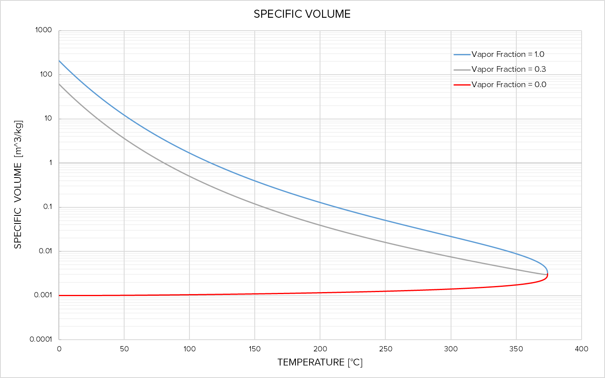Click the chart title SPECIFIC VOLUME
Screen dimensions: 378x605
pos(302,14)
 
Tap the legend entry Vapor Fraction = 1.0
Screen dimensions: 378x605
pos(508,54)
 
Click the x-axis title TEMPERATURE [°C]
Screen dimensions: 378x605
pos(320,362)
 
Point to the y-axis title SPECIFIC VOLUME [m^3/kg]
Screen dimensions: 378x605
pos(18,185)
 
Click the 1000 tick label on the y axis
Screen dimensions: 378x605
pos(44,30)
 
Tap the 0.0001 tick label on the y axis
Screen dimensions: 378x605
pos(41,339)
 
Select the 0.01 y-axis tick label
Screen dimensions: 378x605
pos(46,251)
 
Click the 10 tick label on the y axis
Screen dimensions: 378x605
pos(48,119)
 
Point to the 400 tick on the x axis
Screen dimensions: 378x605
pos(582,349)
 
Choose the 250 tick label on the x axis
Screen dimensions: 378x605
pos(385,349)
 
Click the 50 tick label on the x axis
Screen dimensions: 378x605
pos(124,349)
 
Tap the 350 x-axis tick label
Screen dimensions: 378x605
pos(516,349)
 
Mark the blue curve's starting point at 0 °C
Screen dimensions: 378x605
pos(59,61)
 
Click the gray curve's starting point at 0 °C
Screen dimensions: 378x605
pos(59,84)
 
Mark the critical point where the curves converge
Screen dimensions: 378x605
pos(547,274)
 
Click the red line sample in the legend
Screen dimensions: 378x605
pos(462,85)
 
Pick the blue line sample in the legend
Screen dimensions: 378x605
pos(462,54)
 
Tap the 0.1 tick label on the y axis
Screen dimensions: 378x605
pos(48,207)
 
